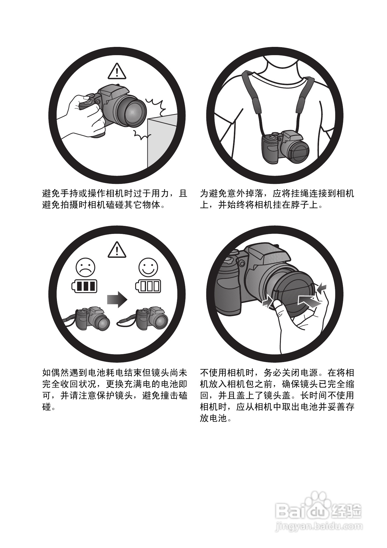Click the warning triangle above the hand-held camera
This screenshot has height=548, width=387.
tap(117, 71)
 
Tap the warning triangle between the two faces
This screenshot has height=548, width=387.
tap(117, 250)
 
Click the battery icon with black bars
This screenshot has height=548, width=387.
tap(85, 286)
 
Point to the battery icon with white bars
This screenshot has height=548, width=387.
tap(148, 286)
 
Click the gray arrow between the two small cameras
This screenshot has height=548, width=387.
tap(117, 299)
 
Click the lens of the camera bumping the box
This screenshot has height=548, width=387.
tap(132, 113)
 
